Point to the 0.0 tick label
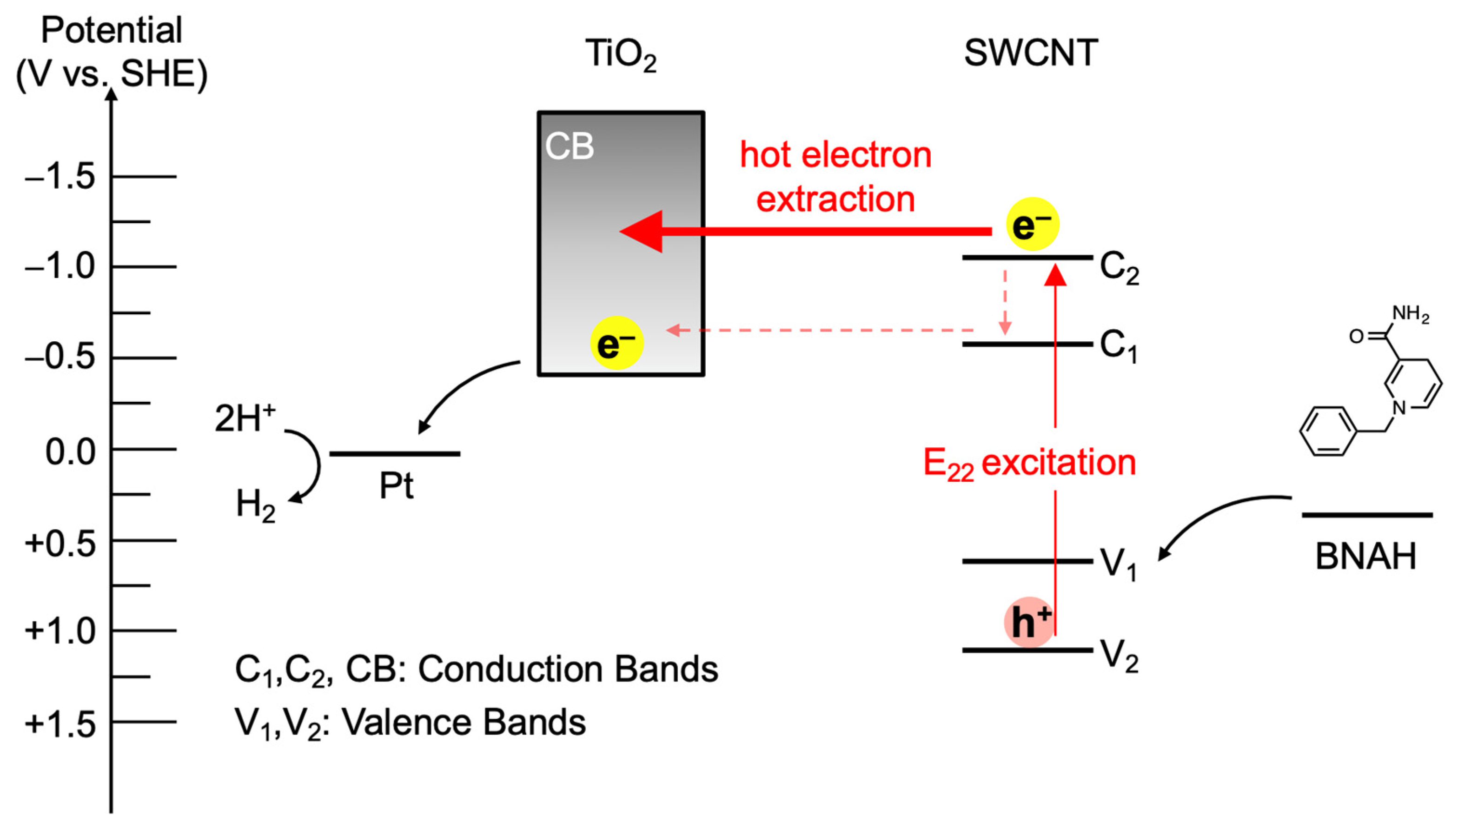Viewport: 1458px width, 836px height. click(x=70, y=452)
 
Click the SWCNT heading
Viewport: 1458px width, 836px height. click(x=1031, y=53)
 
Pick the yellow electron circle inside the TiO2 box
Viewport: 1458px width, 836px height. click(x=616, y=343)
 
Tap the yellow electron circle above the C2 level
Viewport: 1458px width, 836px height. click(x=1032, y=224)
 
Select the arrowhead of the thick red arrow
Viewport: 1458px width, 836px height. click(x=643, y=232)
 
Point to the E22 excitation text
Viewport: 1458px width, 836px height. click(x=1029, y=463)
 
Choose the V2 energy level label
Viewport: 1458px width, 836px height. click(x=1118, y=655)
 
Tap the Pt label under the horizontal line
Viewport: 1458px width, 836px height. click(x=396, y=486)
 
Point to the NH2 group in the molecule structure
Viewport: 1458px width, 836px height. click(x=1411, y=313)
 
